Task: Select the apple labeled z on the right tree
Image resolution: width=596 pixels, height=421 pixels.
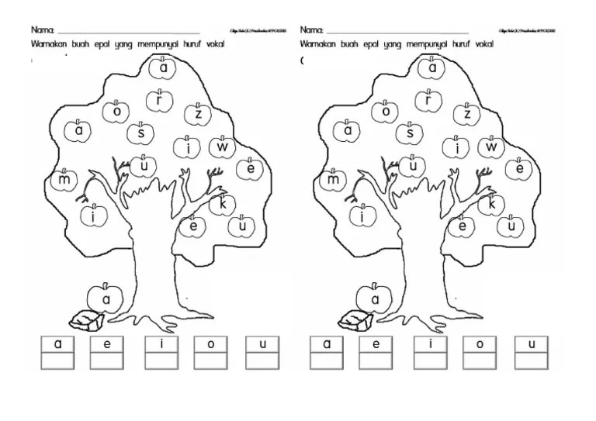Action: [x=467, y=115]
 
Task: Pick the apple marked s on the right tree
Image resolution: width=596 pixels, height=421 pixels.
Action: [x=409, y=133]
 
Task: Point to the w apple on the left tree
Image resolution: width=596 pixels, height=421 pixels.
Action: [x=223, y=146]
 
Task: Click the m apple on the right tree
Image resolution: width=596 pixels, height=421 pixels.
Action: [x=334, y=181]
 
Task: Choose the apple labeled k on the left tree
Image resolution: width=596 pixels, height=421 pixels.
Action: [x=223, y=205]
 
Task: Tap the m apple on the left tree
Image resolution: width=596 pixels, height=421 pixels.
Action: [x=64, y=181]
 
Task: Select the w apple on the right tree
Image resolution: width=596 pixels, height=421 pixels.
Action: [x=492, y=146]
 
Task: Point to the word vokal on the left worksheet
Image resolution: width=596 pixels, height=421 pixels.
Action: [x=210, y=45]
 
